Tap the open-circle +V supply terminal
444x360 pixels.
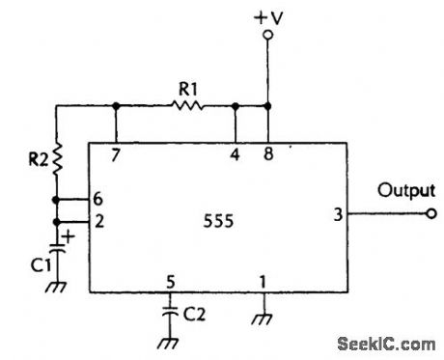pyautogui.click(x=268, y=34)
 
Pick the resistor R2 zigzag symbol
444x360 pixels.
pyautogui.click(x=56, y=156)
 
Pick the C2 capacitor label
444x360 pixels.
pyautogui.click(x=194, y=313)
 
